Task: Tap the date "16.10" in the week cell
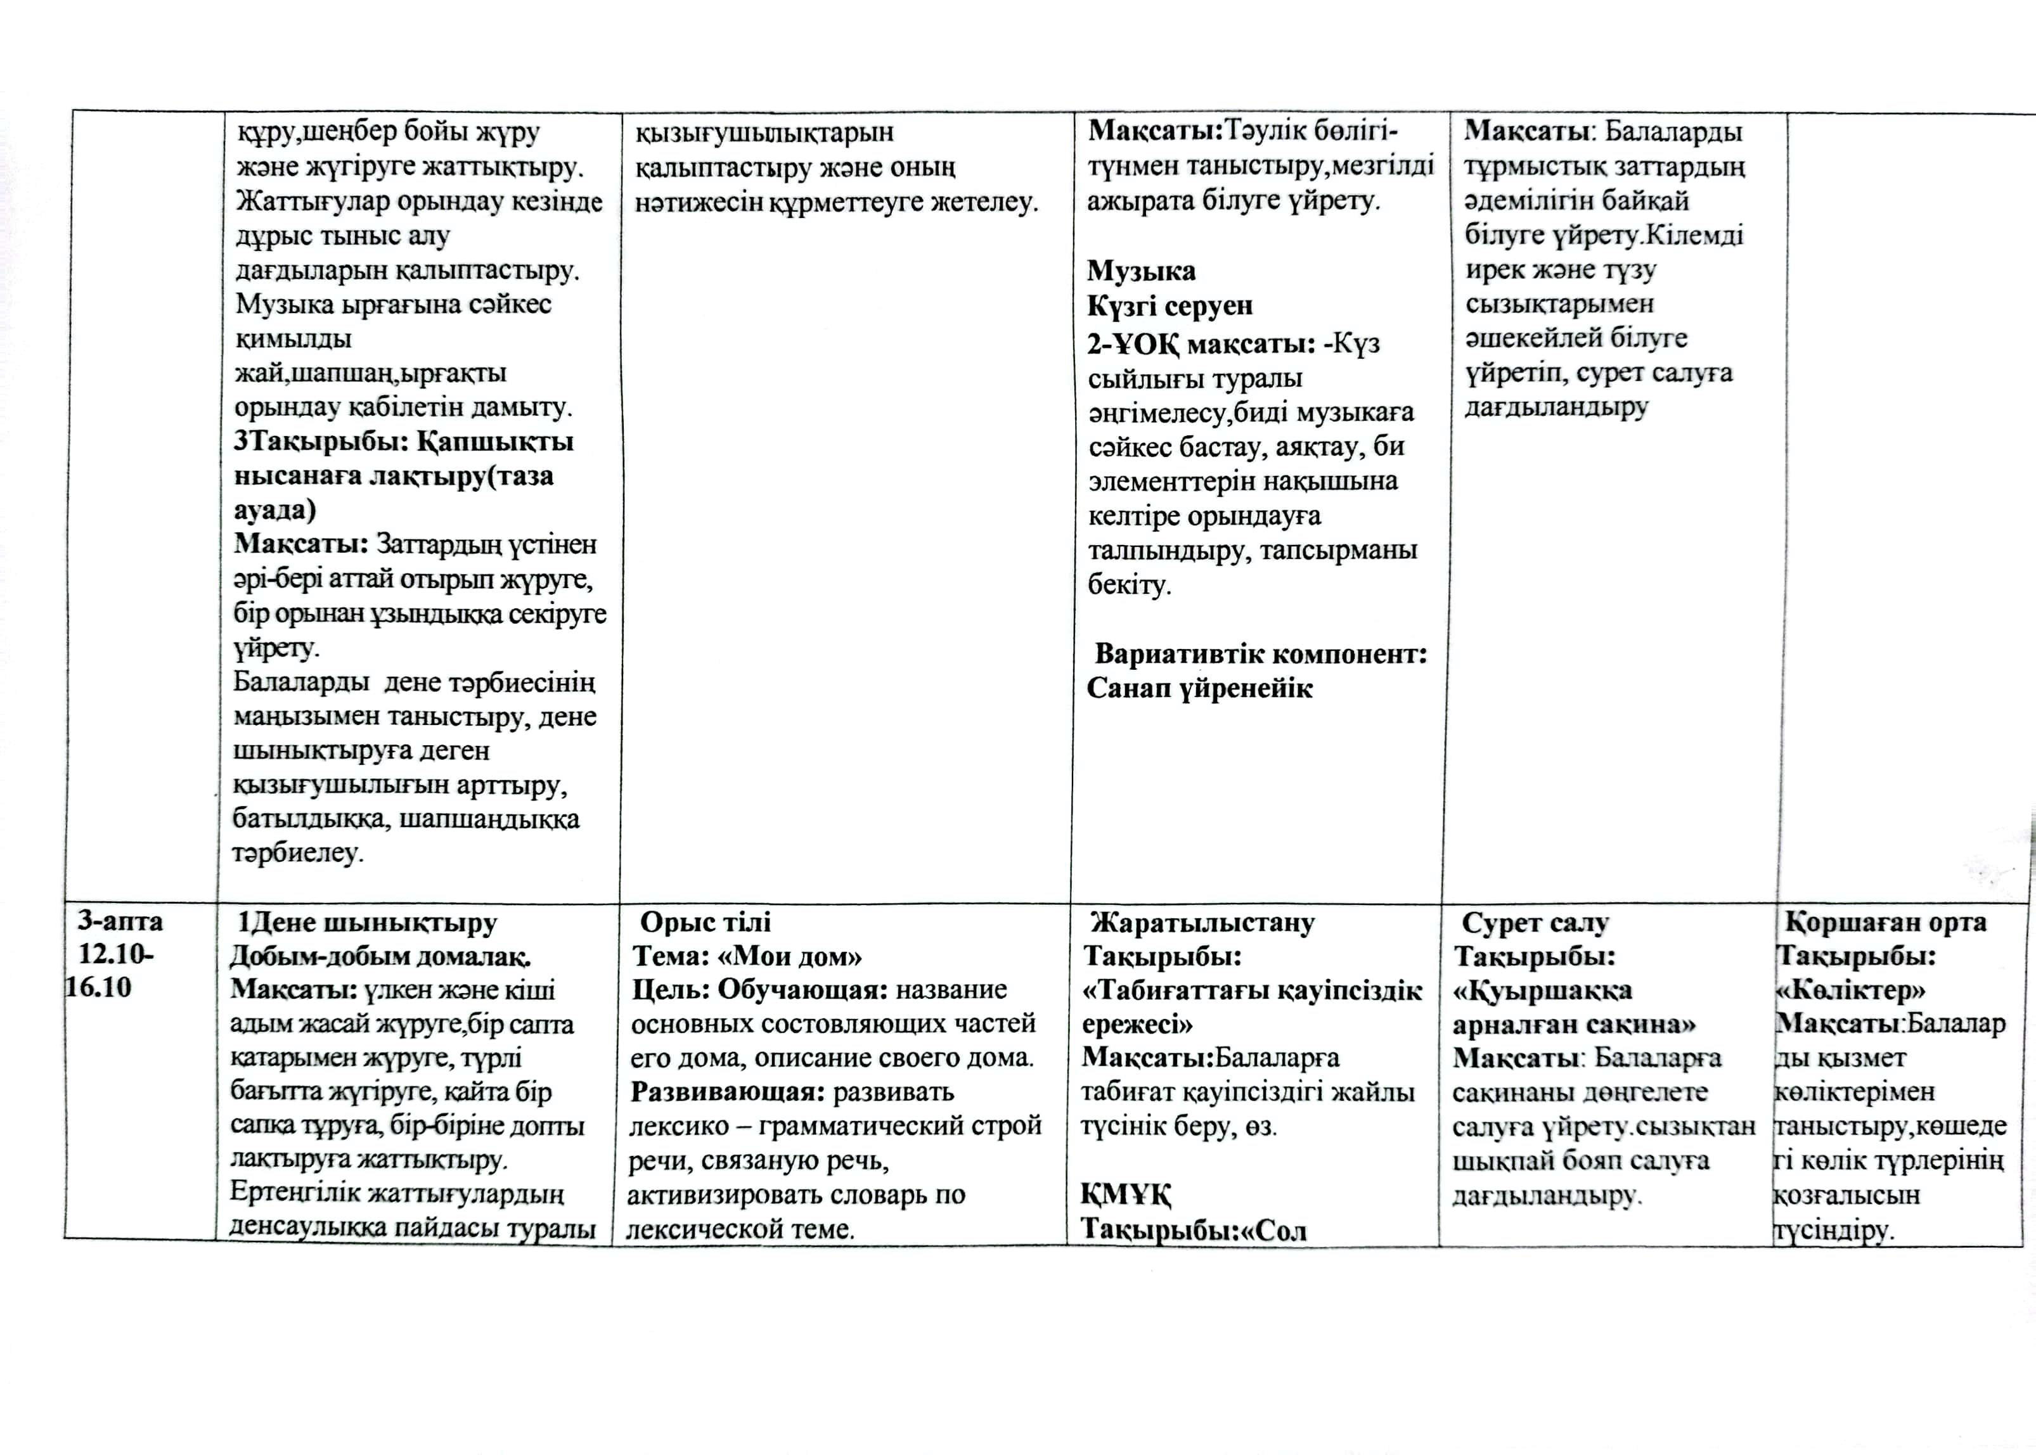(x=99, y=987)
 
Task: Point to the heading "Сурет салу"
(x=1535, y=922)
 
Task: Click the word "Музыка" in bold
(x=1141, y=271)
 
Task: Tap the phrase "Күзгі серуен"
(x=1169, y=305)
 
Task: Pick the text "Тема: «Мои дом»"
(x=747, y=956)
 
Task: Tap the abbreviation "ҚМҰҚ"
(x=1126, y=1195)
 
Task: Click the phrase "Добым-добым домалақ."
(x=380, y=956)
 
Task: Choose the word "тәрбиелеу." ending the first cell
(x=297, y=852)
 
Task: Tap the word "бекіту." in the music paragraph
(x=1129, y=585)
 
